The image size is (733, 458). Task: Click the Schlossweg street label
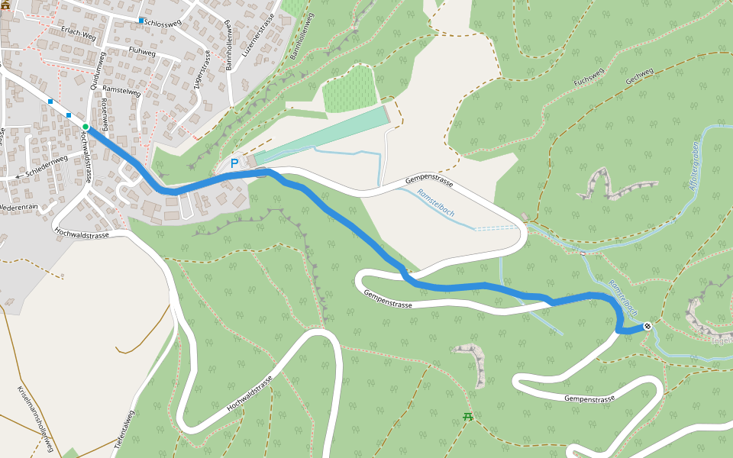click(x=166, y=23)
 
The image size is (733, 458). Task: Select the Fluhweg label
click(x=143, y=53)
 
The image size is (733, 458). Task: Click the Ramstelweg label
click(x=121, y=90)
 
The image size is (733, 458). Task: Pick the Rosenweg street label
click(x=104, y=112)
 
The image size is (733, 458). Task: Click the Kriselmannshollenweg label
click(x=35, y=419)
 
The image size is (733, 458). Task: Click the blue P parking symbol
click(x=234, y=163)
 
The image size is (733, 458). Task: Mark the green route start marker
click(x=86, y=127)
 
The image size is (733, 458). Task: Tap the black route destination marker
click(x=647, y=327)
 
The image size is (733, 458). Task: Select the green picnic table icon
click(x=468, y=417)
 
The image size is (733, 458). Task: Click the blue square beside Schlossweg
click(x=141, y=20)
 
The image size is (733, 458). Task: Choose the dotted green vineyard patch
click(x=350, y=89)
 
